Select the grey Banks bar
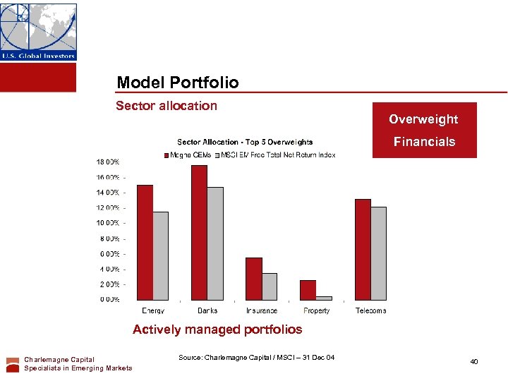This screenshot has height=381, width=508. pyautogui.click(x=215, y=243)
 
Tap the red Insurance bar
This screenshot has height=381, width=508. pyautogui.click(x=253, y=279)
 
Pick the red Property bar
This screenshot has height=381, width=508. pyautogui.click(x=308, y=290)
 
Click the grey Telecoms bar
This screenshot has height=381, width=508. pyautogui.click(x=379, y=253)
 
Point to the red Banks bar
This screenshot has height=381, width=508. pyautogui.click(x=199, y=232)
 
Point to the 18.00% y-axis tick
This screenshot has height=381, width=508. pyautogui.click(x=107, y=162)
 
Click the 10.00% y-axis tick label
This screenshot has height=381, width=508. pyautogui.click(x=107, y=223)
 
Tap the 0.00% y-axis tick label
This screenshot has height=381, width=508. pyautogui.click(x=107, y=300)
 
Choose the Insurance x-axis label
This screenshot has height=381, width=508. pyautogui.click(x=262, y=310)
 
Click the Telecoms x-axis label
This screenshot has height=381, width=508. pyautogui.click(x=370, y=310)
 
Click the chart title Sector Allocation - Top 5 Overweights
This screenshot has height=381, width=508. pyautogui.click(x=245, y=143)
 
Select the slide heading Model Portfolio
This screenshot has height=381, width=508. pyautogui.click(x=178, y=83)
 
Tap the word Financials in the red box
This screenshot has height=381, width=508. pyautogui.click(x=424, y=142)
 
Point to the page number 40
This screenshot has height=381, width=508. pyautogui.click(x=474, y=362)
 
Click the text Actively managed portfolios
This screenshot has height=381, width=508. pyautogui.click(x=217, y=329)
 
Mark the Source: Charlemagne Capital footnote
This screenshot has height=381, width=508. pyautogui.click(x=256, y=358)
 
